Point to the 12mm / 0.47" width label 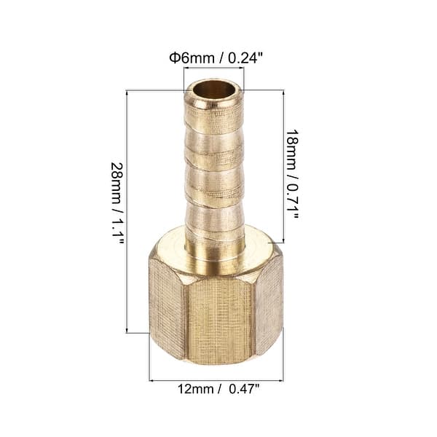click(x=219, y=390)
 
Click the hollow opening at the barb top click(x=213, y=92)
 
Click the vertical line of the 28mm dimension click(x=128, y=211)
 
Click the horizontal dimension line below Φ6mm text click(x=213, y=68)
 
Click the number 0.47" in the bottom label click(x=243, y=390)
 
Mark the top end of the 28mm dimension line click(x=128, y=91)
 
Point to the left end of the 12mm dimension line click(x=151, y=379)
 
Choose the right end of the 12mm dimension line click(x=282, y=379)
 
